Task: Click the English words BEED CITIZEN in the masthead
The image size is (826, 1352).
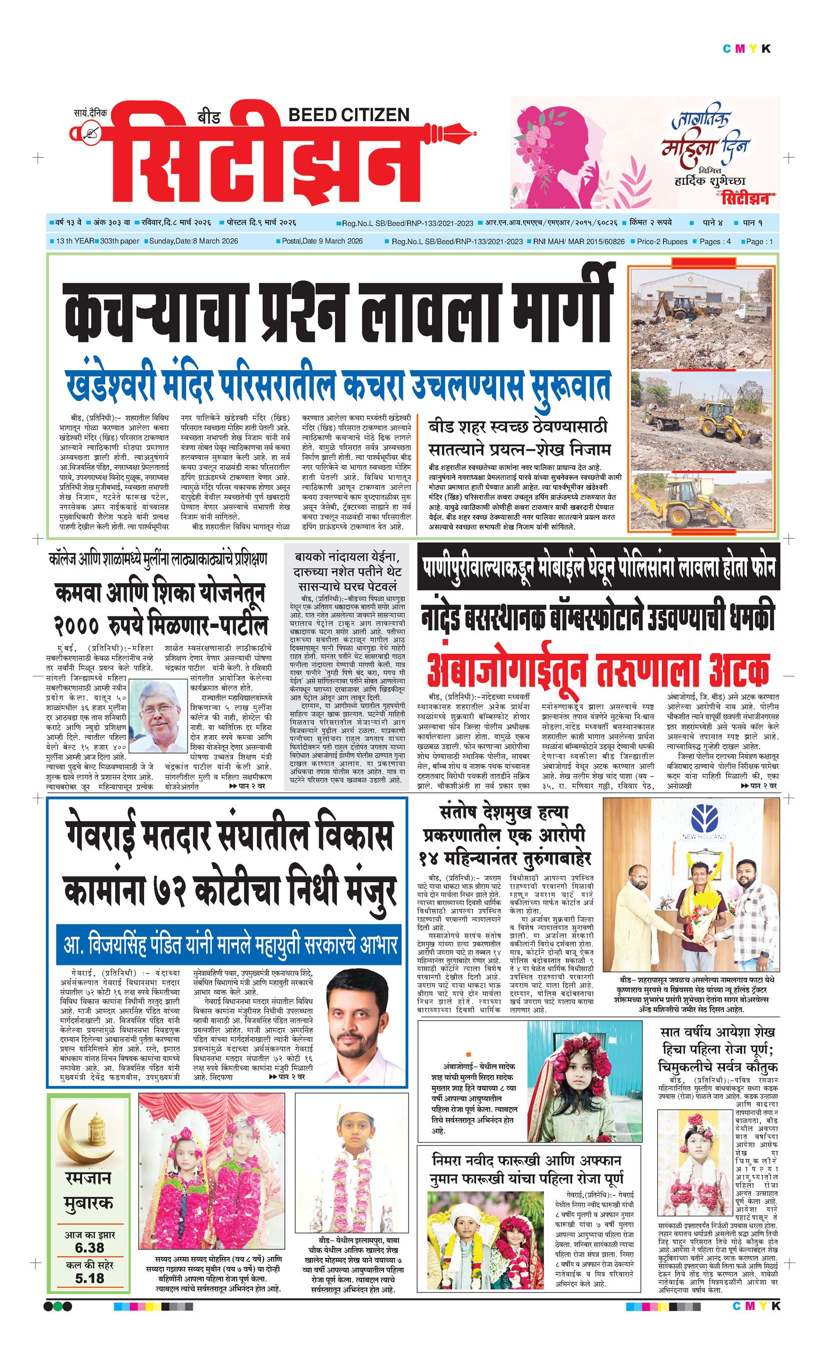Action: click(x=348, y=115)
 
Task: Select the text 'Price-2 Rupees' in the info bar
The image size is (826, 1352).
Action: click(x=661, y=241)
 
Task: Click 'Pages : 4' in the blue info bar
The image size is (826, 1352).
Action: click(x=715, y=241)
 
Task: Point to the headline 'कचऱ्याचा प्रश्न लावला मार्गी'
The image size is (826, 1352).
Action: click(x=337, y=313)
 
